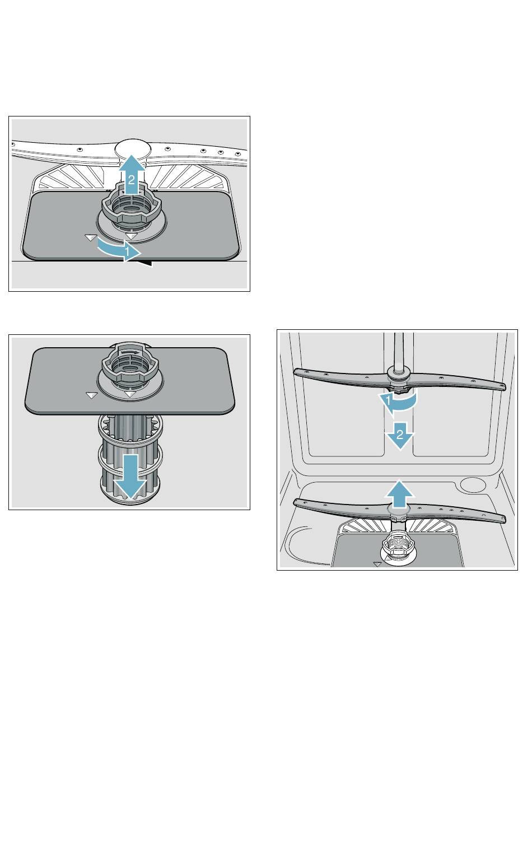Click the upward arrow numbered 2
point(131,174)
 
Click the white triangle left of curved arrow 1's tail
point(91,237)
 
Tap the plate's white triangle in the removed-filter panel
point(91,395)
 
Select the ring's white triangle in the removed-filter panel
point(131,394)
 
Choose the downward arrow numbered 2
point(399,435)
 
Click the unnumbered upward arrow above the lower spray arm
point(399,494)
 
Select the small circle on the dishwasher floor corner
point(473,484)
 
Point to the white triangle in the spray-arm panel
point(377,564)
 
